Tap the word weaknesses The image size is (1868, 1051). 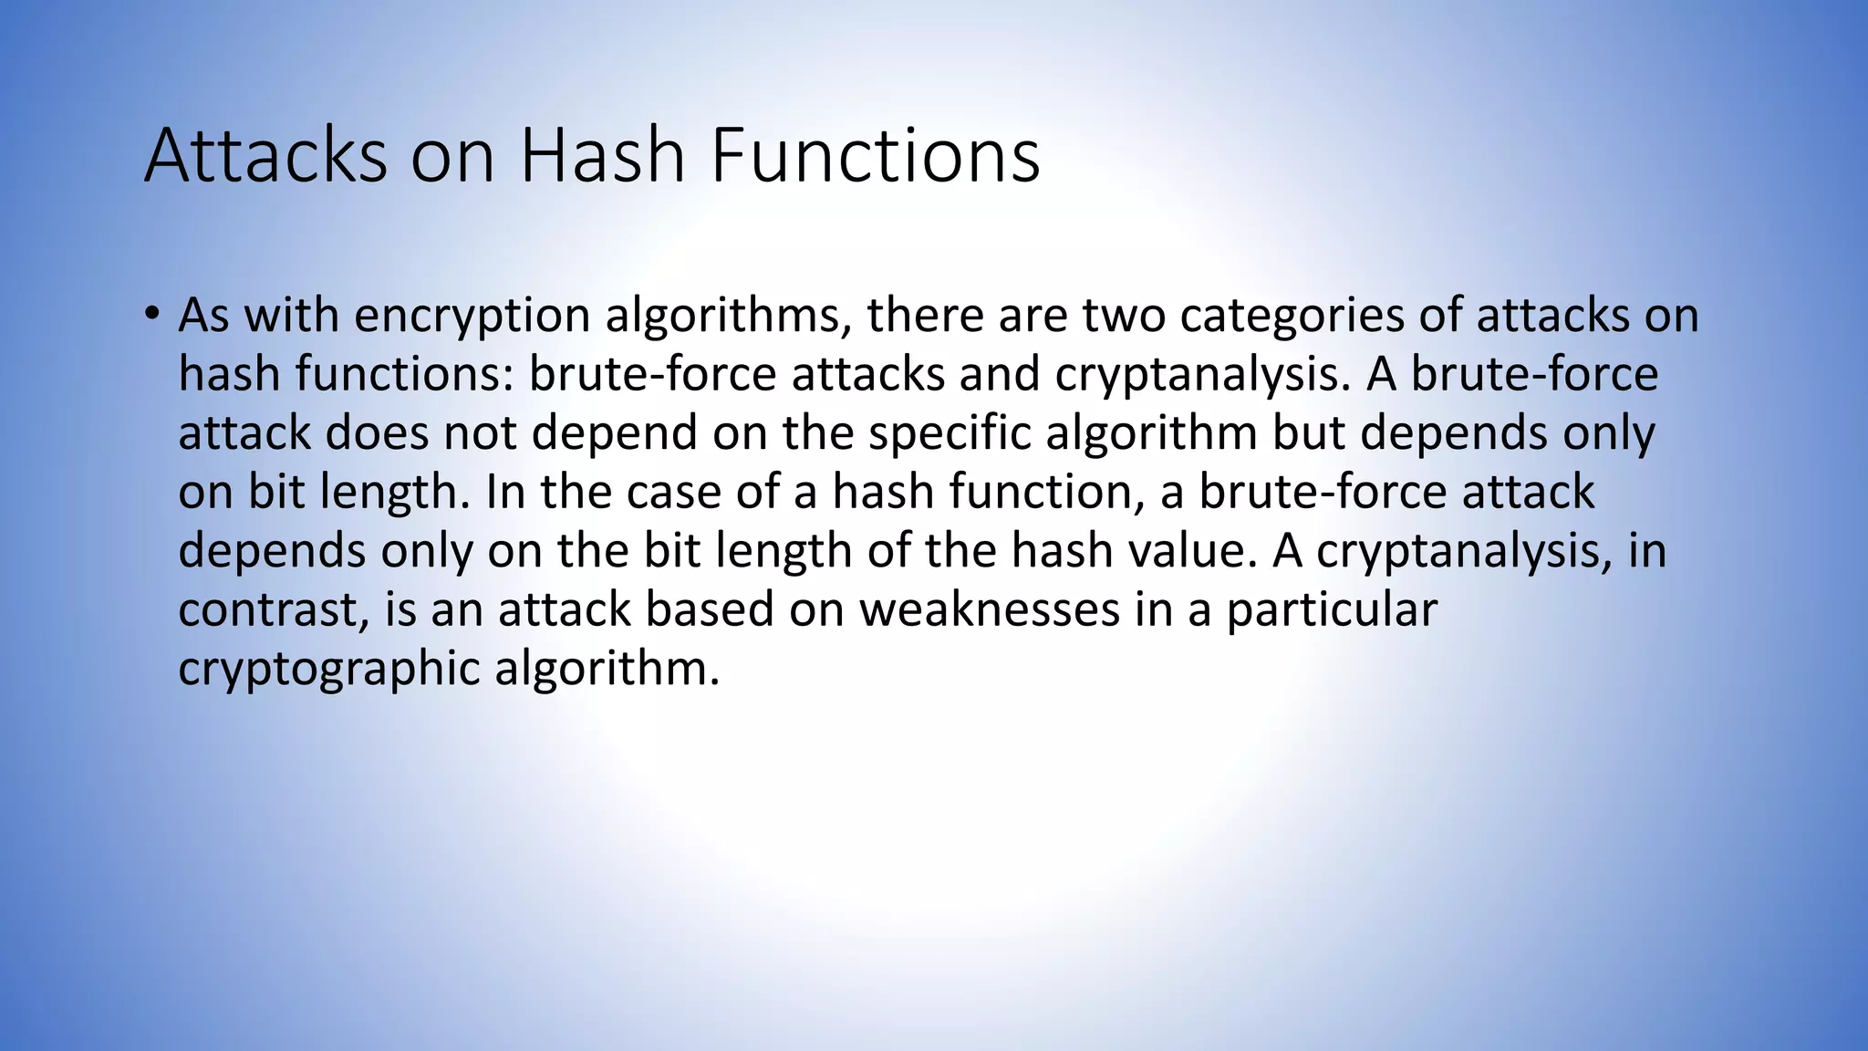[x=990, y=609]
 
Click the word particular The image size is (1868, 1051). [x=1332, y=609]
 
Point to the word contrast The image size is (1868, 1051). [x=275, y=609]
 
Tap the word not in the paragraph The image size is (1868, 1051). [x=481, y=432]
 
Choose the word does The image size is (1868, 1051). [x=377, y=432]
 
